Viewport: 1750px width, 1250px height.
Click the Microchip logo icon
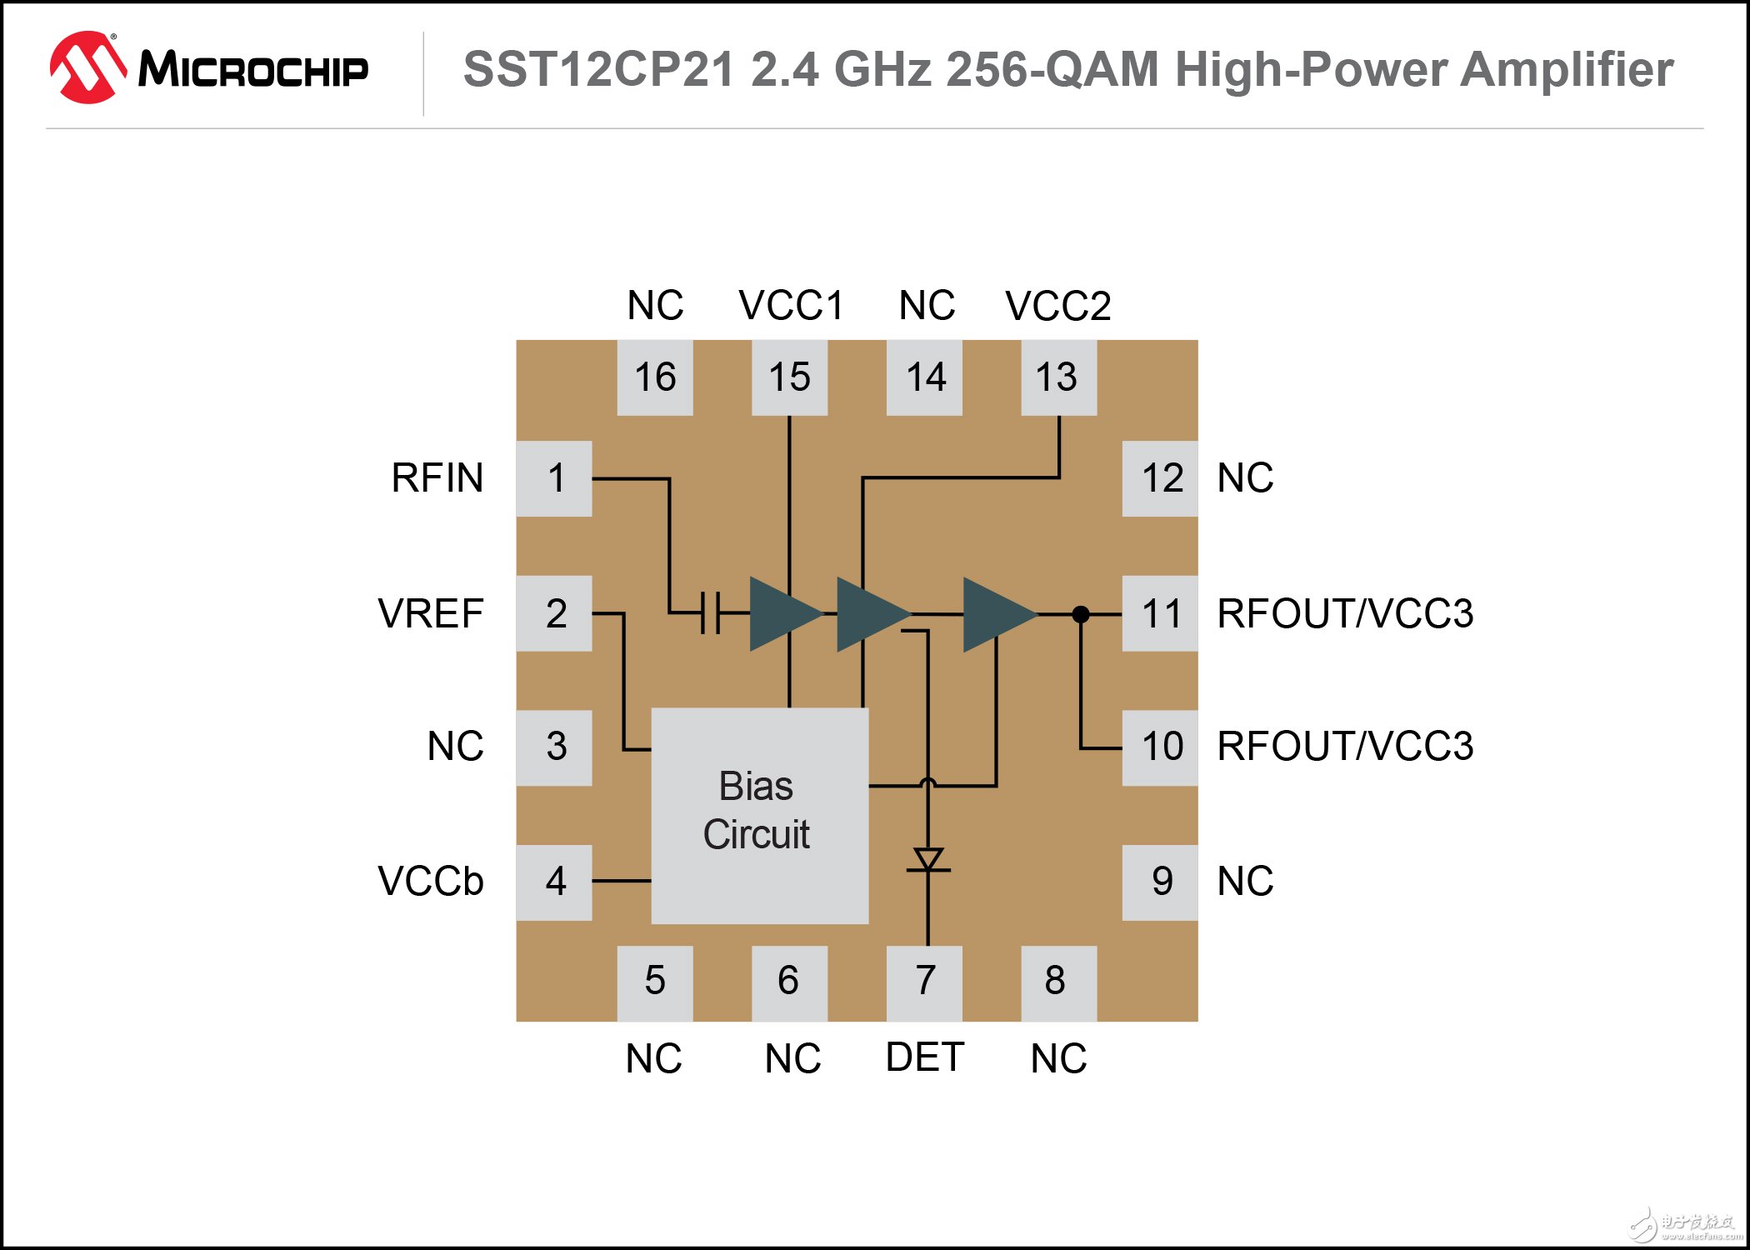point(87,68)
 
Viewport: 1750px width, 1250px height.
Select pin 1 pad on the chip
point(554,478)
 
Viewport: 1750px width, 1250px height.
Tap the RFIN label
point(437,478)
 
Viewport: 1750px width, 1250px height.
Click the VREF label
point(430,614)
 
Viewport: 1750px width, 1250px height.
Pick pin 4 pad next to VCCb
point(554,882)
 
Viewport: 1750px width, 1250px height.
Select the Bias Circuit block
point(759,815)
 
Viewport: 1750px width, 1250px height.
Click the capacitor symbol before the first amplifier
point(710,613)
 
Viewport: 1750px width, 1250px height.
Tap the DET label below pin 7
point(924,1057)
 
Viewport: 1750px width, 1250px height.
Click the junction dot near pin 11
point(1081,614)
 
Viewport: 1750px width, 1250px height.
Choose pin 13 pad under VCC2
point(1058,377)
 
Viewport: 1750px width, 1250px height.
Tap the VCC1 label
point(791,306)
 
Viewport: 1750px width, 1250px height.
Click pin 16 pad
point(655,377)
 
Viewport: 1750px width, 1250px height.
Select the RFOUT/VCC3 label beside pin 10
point(1344,746)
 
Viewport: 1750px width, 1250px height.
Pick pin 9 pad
point(1160,882)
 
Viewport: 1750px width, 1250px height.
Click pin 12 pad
point(1160,478)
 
